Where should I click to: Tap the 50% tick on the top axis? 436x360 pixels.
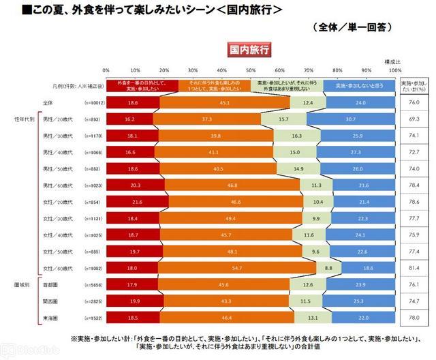click(250, 70)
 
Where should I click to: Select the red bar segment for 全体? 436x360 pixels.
click(132, 102)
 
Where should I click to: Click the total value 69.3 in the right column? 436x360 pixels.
click(413, 119)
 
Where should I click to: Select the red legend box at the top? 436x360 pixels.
click(142, 85)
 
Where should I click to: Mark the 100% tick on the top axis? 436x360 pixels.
click(394, 70)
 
